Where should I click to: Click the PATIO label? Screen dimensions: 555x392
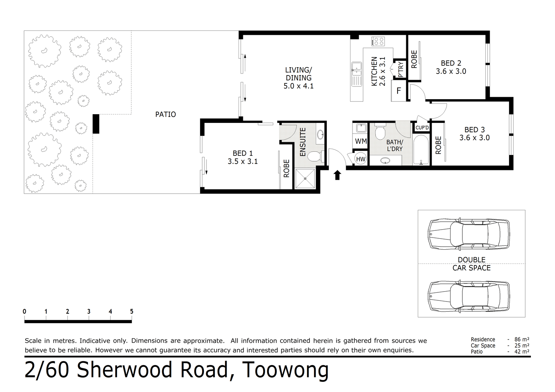[x=165, y=114]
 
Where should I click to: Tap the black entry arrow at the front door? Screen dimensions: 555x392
[x=337, y=175]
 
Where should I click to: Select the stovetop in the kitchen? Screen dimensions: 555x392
[x=378, y=41]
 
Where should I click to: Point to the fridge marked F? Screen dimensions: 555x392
[x=399, y=90]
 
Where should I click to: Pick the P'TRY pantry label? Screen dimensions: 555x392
[x=401, y=70]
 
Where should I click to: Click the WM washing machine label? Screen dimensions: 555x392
[x=361, y=141]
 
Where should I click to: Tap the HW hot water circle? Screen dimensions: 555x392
[x=361, y=159]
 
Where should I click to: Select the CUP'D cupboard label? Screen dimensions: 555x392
[x=422, y=128]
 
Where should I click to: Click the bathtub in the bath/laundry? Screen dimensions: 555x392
[x=421, y=150]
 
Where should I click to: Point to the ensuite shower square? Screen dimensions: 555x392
[x=305, y=179]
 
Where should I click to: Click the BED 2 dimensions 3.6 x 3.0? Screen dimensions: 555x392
[x=451, y=71]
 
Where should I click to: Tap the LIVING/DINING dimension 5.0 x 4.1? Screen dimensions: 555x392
[x=299, y=86]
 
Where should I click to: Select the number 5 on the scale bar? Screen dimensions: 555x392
[x=132, y=311]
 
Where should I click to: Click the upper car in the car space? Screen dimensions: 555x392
[x=468, y=234]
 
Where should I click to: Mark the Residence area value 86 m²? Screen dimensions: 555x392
[x=522, y=339]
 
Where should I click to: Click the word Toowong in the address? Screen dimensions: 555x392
[x=285, y=370]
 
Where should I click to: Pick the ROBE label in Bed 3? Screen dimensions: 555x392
[x=438, y=145]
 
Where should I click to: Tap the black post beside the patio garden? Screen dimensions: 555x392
[x=96, y=124]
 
